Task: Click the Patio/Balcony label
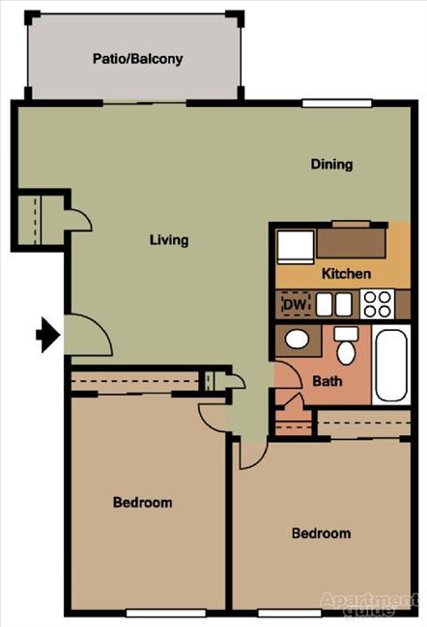[137, 59]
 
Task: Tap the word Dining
[331, 164]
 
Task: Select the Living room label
[169, 240]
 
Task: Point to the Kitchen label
[346, 274]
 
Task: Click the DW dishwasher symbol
[295, 305]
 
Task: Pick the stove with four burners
[377, 305]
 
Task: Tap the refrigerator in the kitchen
[295, 245]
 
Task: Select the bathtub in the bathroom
[392, 366]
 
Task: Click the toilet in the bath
[346, 347]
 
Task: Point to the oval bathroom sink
[297, 340]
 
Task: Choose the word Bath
[327, 381]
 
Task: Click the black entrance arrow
[47, 335]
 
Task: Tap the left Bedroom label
[142, 503]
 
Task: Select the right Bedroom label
[321, 533]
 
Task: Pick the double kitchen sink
[332, 305]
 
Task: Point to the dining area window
[329, 103]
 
